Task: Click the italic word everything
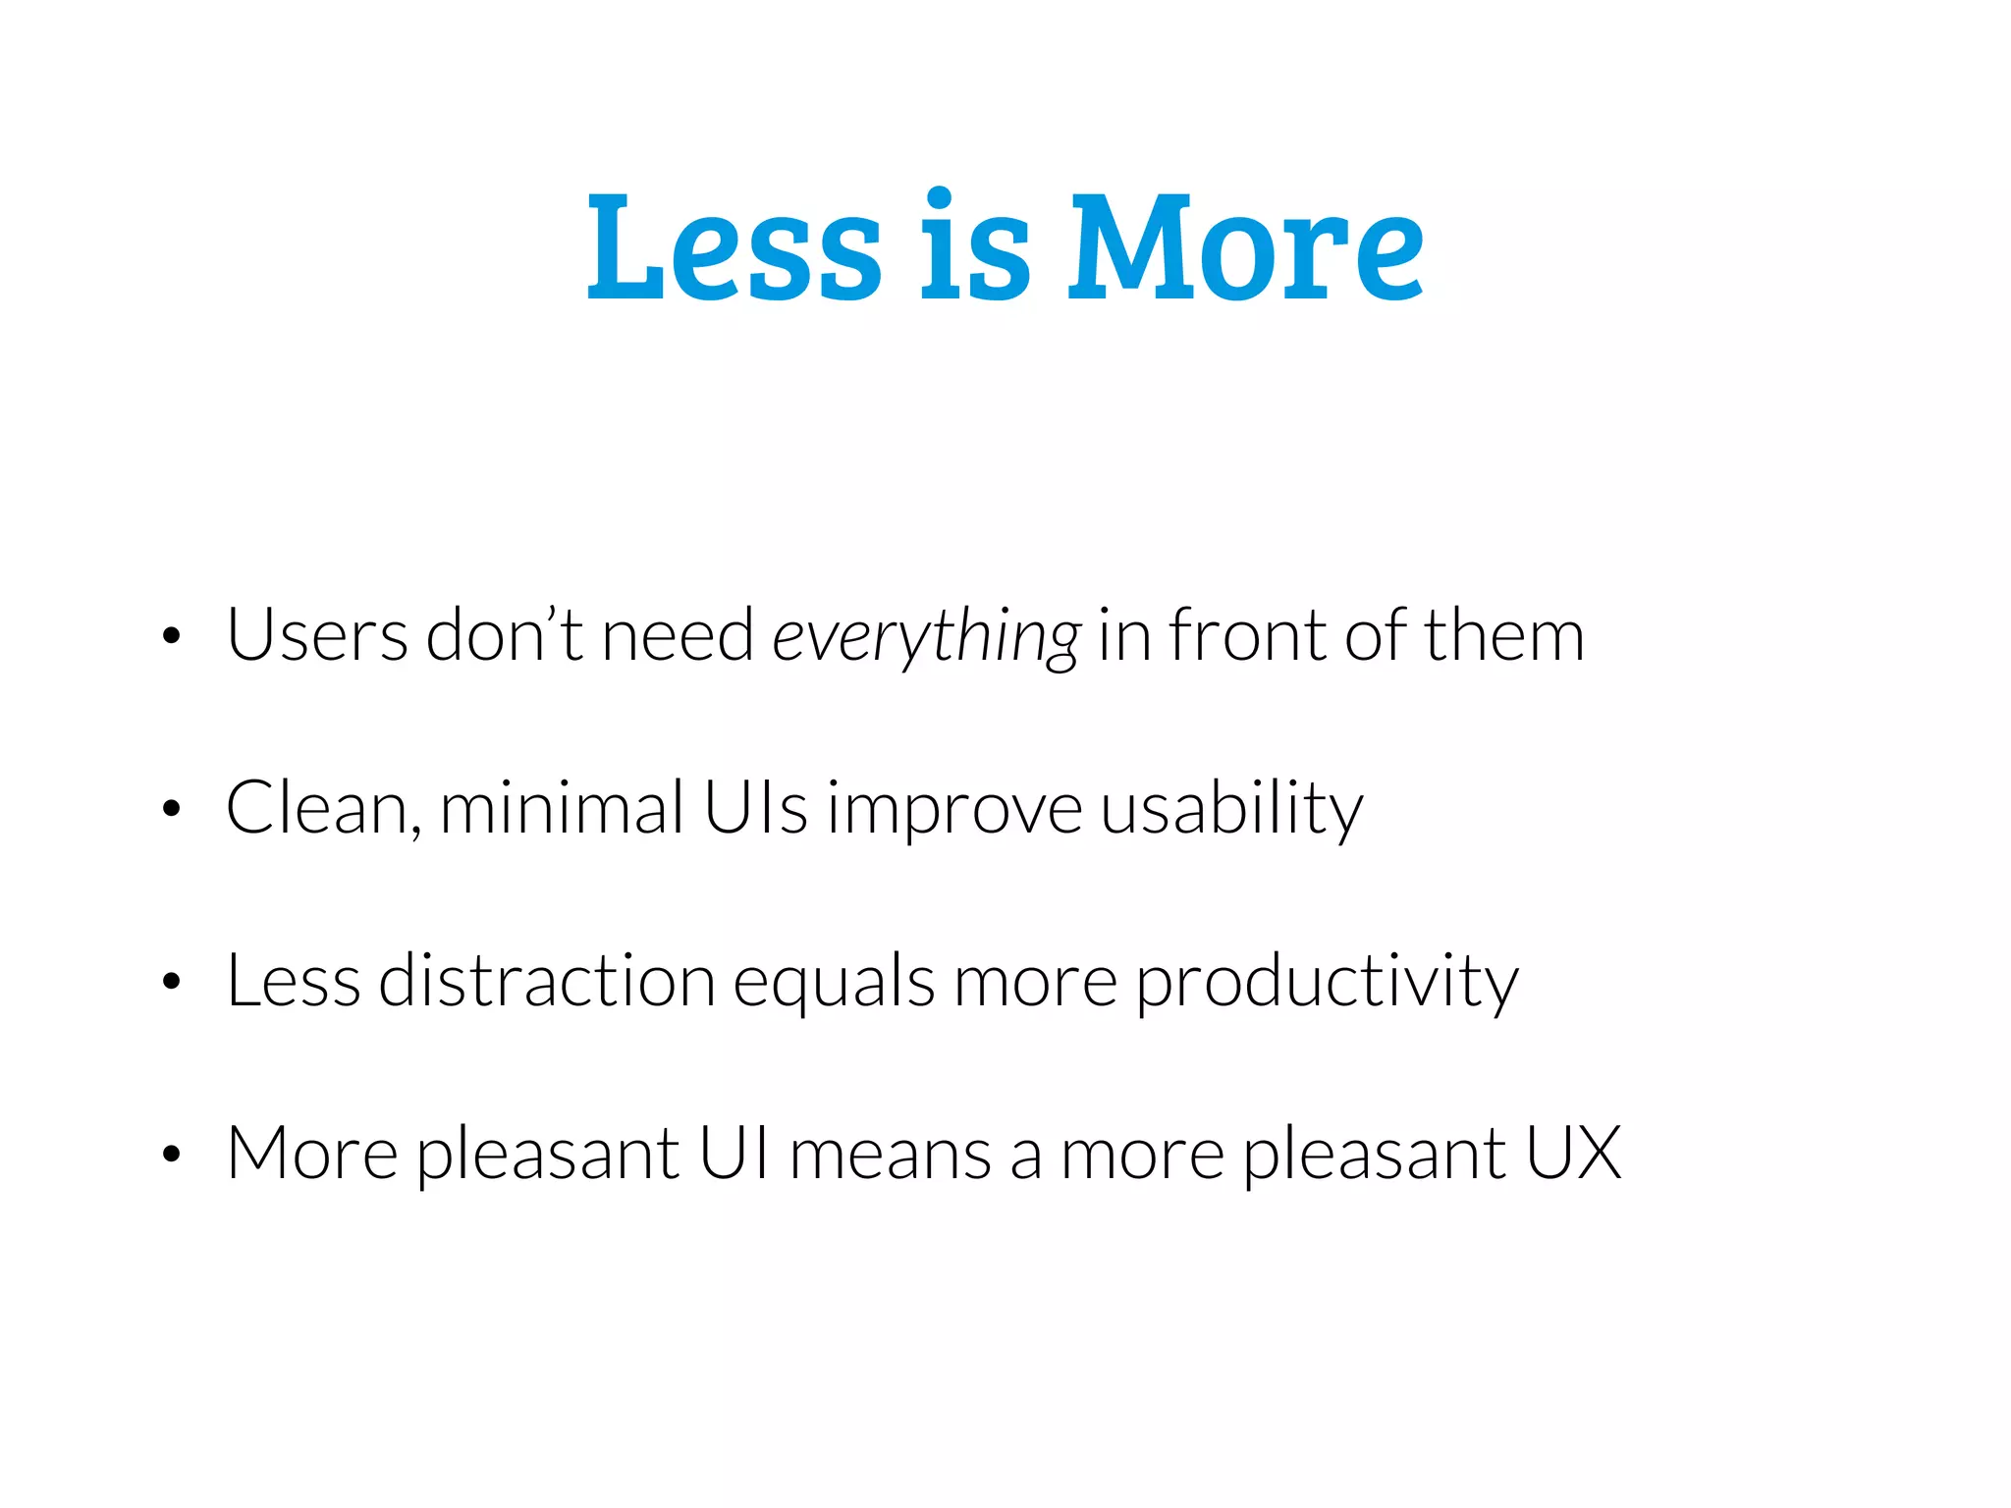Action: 926,638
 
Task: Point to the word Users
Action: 317,636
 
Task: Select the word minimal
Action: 562,807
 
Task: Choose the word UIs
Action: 755,807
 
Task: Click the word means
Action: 890,1155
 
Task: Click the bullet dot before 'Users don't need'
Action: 172,636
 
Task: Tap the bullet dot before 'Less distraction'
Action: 172,981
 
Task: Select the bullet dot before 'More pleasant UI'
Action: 172,1154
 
